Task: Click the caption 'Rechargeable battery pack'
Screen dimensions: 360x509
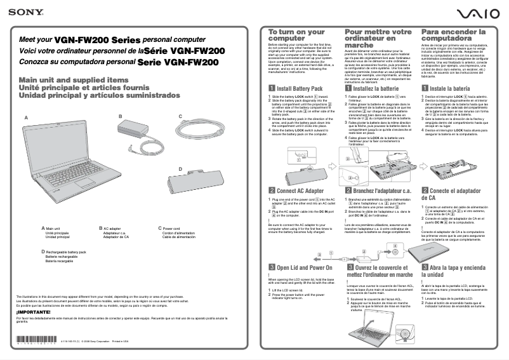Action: pos(66,252)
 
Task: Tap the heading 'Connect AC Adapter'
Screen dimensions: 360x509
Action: pos(300,190)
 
